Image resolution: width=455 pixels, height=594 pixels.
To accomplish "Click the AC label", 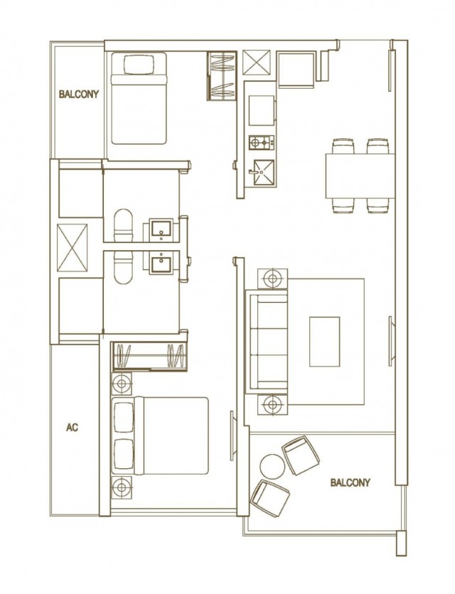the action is (72, 427).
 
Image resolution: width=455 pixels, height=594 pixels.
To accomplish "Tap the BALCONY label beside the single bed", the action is (79, 94).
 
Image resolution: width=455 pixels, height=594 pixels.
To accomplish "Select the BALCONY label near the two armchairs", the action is (350, 482).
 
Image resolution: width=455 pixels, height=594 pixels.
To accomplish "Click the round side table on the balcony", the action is (272, 466).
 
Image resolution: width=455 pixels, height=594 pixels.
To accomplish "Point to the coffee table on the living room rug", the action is (325, 342).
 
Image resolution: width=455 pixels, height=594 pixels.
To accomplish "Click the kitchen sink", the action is (261, 173).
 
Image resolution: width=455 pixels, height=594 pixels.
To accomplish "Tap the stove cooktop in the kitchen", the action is (261, 142).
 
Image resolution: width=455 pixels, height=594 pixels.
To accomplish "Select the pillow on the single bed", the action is (139, 65).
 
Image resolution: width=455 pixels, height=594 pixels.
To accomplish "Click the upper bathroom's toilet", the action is (124, 225).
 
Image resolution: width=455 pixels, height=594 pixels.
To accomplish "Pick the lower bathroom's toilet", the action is (124, 267).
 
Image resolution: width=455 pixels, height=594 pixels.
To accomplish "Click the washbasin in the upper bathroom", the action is (162, 230).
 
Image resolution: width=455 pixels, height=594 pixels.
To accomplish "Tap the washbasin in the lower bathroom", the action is (162, 262).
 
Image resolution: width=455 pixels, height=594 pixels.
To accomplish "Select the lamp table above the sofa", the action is (272, 279).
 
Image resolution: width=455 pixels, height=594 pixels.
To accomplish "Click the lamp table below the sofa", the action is (272, 404).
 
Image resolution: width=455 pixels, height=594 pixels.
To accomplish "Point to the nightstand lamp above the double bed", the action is (122, 384).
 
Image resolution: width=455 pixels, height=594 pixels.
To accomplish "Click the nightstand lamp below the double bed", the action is (122, 487).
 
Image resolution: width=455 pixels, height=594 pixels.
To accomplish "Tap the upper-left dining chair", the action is (343, 146).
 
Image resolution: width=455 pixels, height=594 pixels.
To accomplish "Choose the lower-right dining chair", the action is (378, 205).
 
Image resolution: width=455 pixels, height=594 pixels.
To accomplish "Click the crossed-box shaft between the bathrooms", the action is (72, 248).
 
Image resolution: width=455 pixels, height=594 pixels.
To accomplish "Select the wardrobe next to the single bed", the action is (222, 76).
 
